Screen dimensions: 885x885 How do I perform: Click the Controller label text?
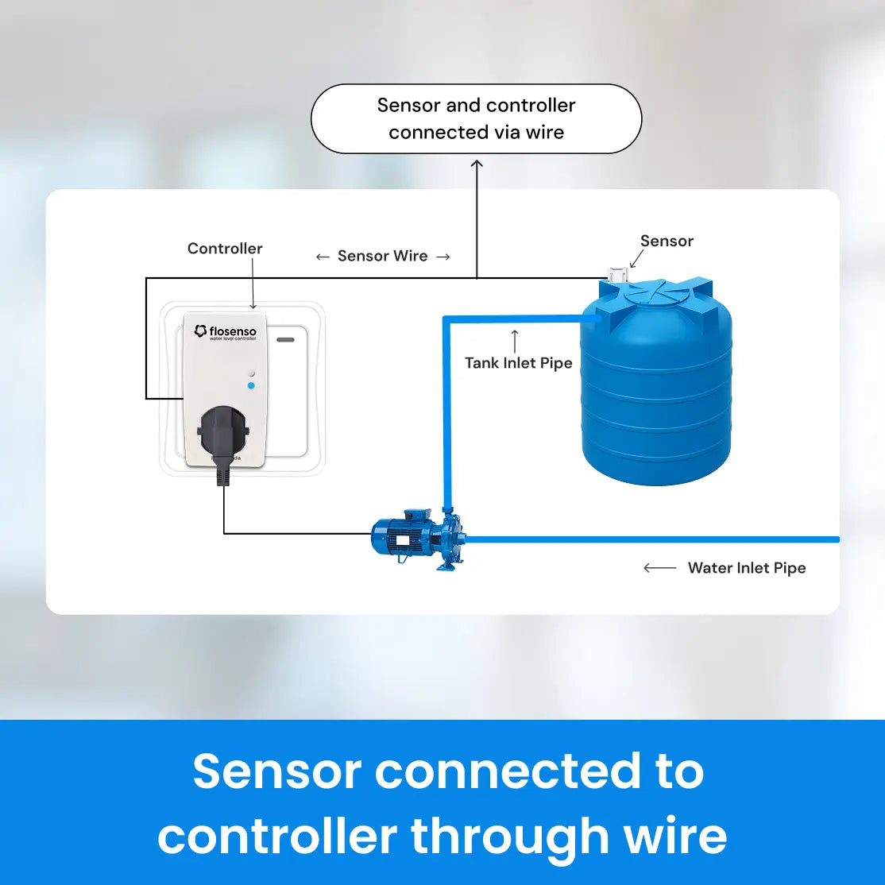click(x=225, y=249)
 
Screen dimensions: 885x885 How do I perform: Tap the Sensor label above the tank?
click(x=667, y=241)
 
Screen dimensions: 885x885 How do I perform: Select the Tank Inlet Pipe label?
click(x=518, y=363)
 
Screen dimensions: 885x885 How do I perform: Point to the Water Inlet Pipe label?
click(x=747, y=568)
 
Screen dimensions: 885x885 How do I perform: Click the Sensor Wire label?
click(x=382, y=256)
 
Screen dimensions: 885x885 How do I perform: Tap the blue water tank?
click(x=655, y=389)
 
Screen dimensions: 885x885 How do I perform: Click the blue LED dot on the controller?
click(x=251, y=385)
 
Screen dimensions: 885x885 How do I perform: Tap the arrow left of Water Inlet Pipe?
click(x=659, y=568)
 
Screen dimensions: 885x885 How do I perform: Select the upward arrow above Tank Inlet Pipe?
click(x=515, y=341)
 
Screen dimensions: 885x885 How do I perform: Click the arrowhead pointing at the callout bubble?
click(x=477, y=164)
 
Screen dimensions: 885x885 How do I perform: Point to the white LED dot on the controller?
click(x=251, y=372)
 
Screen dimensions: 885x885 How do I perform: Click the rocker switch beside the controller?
click(x=287, y=389)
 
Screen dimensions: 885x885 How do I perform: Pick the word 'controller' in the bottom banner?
click(x=277, y=836)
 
